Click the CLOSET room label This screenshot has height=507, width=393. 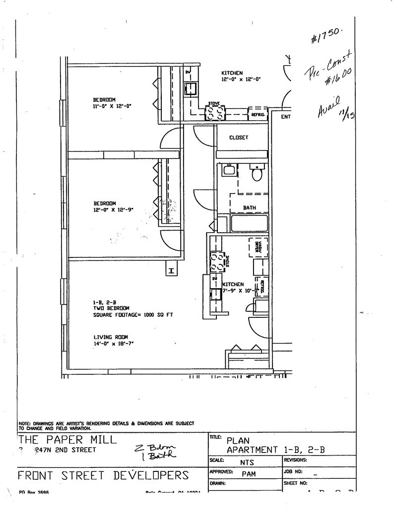pyautogui.click(x=239, y=138)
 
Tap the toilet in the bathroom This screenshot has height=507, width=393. pyautogui.click(x=257, y=174)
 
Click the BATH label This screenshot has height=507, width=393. pyautogui.click(x=249, y=207)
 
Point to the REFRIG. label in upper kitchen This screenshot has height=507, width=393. pyautogui.click(x=258, y=115)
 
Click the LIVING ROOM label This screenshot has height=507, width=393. pyautogui.click(x=107, y=337)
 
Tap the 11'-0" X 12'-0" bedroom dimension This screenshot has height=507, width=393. pyautogui.click(x=111, y=106)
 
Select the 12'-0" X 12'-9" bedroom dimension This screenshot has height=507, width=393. pyautogui.click(x=113, y=210)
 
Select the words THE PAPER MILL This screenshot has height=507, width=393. pyautogui.click(x=67, y=440)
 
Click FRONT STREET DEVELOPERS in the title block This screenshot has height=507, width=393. pyautogui.click(x=103, y=476)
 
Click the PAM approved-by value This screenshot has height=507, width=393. pyautogui.click(x=249, y=474)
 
